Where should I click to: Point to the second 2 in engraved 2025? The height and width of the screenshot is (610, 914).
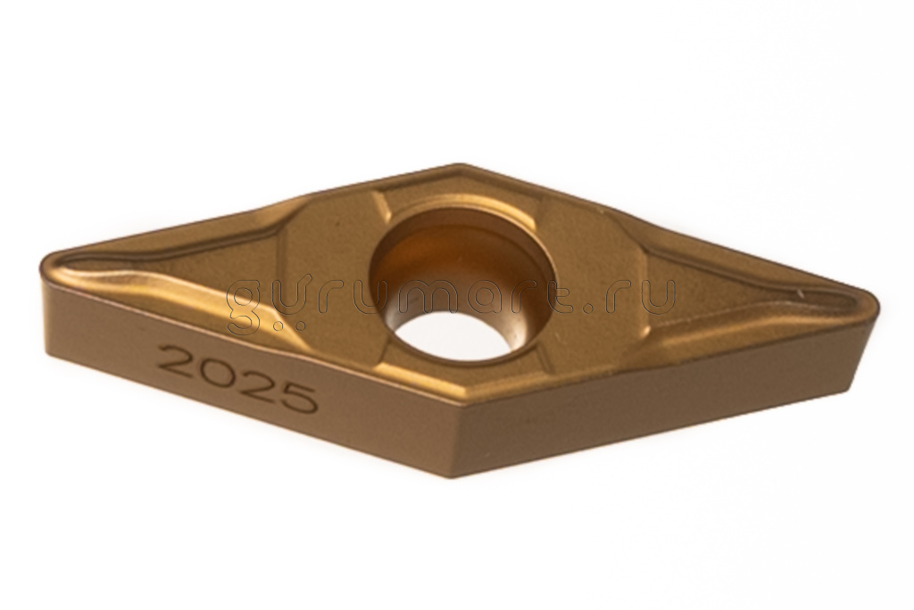(254, 384)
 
